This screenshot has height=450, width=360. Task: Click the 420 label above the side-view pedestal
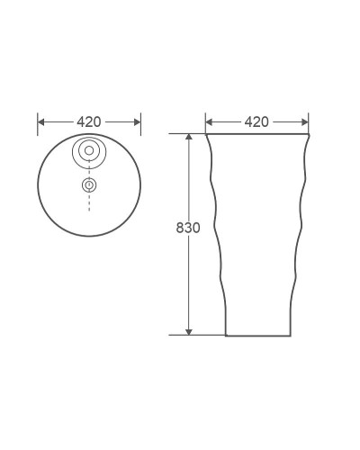256,121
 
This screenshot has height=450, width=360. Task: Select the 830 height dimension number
188,228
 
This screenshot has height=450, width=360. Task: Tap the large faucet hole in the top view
89,151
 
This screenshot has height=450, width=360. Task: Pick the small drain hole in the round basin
89,184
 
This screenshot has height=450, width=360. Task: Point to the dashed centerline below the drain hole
89,202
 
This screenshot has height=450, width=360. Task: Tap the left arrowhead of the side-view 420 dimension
210,121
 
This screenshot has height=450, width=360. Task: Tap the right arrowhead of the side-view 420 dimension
304,121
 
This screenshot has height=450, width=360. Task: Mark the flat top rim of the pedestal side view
256,134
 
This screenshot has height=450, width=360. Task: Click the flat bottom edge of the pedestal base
257,335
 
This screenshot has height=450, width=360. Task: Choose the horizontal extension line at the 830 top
184,134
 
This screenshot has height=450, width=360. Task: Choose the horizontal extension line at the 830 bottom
202,335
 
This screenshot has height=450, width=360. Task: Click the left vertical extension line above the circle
38,121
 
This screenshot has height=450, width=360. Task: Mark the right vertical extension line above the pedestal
309,122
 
